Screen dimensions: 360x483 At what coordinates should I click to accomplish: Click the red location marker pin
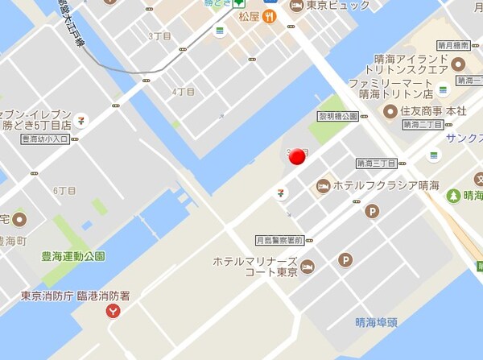297,156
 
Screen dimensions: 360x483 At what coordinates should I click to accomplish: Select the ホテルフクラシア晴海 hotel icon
324,186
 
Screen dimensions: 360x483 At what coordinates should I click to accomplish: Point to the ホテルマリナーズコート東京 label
255,267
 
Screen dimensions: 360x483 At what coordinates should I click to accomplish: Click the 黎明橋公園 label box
338,116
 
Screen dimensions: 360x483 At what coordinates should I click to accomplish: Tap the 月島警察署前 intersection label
279,240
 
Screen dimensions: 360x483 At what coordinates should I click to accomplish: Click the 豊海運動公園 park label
73,256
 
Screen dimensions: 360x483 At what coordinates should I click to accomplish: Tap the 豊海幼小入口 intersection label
45,139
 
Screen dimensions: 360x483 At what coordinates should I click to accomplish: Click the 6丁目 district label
64,191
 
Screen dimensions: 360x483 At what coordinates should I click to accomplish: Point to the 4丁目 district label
184,91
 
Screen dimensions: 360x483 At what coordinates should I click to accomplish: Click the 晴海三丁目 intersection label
377,163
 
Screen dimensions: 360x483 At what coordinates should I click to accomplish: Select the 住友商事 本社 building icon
390,110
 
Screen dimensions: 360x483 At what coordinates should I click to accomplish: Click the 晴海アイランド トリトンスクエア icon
458,64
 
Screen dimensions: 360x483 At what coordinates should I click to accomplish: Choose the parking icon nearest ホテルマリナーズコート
345,259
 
